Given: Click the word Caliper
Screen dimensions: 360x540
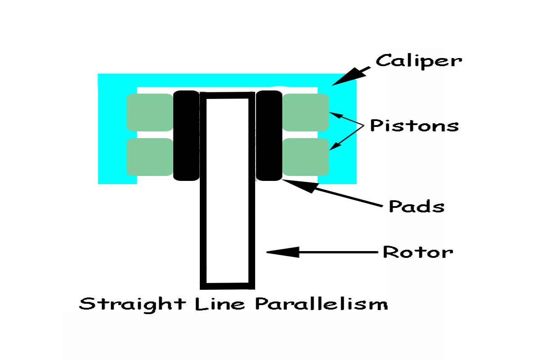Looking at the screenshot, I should (x=418, y=61).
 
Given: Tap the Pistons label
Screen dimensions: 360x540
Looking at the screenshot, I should (x=414, y=126).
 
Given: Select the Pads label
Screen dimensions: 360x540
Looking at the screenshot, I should (x=416, y=207).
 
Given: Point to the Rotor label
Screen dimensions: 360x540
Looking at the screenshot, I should (x=417, y=252).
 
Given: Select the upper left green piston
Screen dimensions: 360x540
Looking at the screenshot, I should (x=150, y=112).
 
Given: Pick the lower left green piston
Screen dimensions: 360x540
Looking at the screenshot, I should (x=150, y=157).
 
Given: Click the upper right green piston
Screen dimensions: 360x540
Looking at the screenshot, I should (x=306, y=112).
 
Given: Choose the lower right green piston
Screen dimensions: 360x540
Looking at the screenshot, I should (x=306, y=157).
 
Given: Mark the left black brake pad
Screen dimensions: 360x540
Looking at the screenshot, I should (x=186, y=135).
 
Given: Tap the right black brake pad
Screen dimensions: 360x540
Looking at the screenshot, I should (x=269, y=135).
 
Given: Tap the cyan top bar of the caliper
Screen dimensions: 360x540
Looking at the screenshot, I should (x=227, y=80).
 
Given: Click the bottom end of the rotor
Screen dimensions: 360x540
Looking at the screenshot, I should (x=227, y=285).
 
